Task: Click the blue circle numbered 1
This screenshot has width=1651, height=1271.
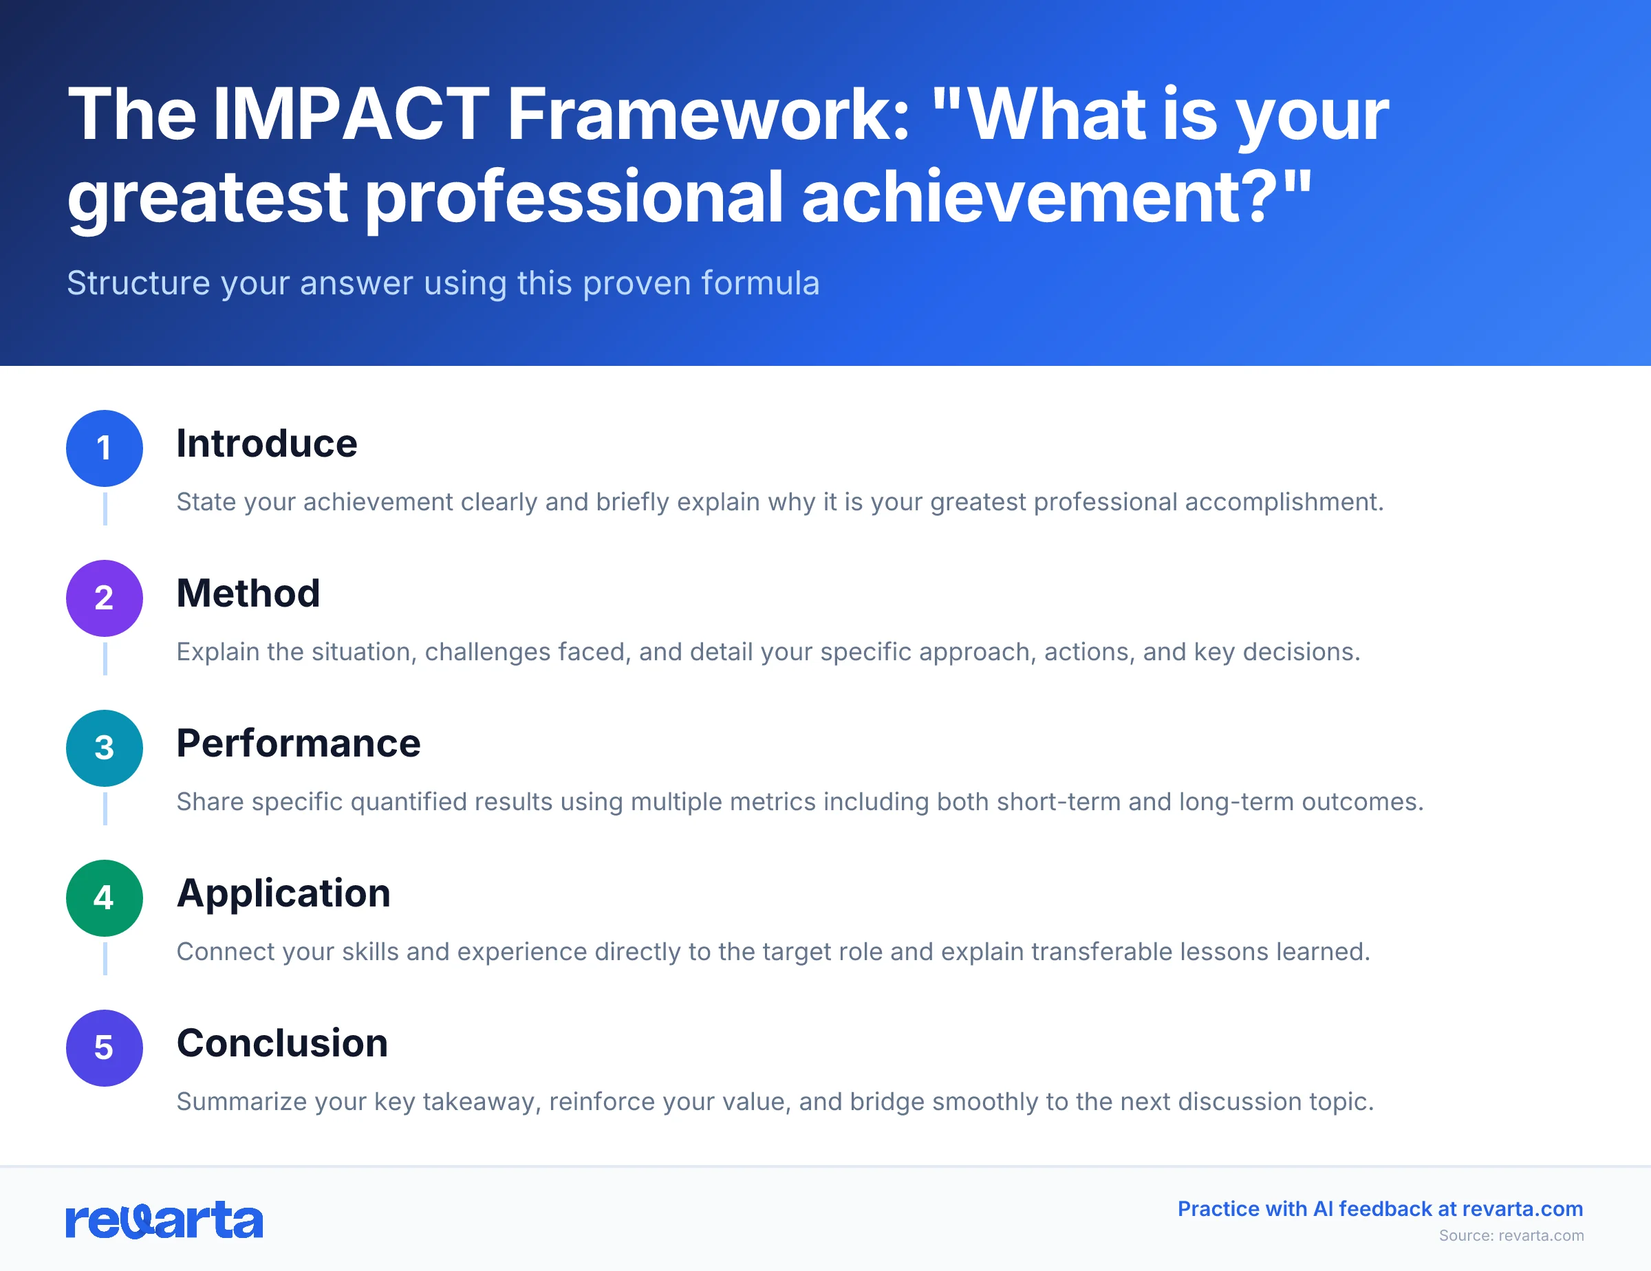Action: pyautogui.click(x=105, y=448)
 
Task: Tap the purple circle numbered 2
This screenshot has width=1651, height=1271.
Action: pyautogui.click(x=105, y=598)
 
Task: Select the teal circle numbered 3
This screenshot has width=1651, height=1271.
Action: pyautogui.click(x=105, y=748)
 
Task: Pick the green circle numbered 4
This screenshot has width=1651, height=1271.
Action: pyautogui.click(x=105, y=898)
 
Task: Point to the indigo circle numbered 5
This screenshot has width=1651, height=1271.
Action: pyautogui.click(x=105, y=1047)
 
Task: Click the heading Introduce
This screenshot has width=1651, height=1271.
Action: pyautogui.click(x=266, y=444)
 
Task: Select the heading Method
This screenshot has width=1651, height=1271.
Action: pyautogui.click(x=248, y=593)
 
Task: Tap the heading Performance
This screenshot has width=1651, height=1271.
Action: pyautogui.click(x=298, y=743)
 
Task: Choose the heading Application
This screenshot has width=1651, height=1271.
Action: pyautogui.click(x=283, y=893)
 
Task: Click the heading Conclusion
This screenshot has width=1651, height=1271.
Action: pyautogui.click(x=282, y=1043)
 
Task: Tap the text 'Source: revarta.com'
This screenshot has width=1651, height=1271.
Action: pyautogui.click(x=1511, y=1235)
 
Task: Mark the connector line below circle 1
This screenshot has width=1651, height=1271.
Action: pyautogui.click(x=105, y=508)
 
